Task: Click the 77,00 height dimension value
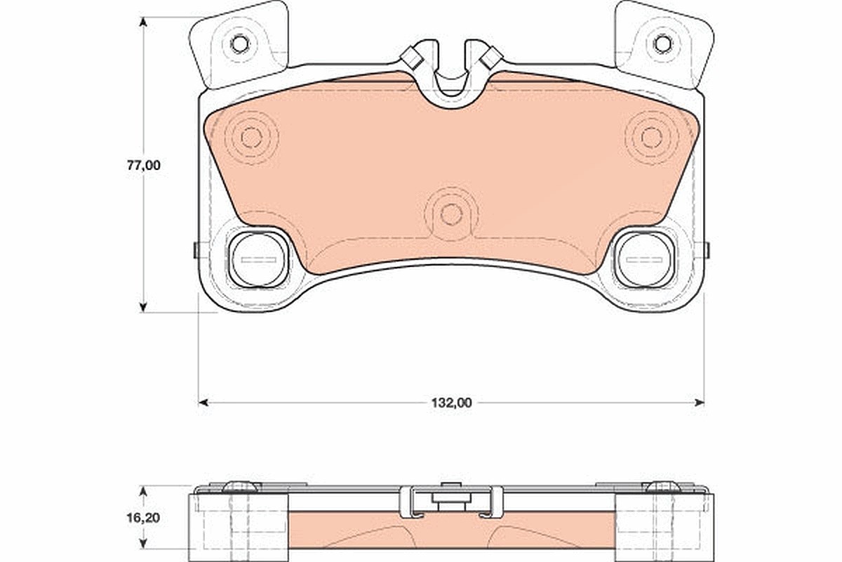click(x=143, y=166)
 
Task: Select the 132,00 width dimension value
click(x=451, y=403)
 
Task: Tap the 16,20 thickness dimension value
click(x=143, y=518)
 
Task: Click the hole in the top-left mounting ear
click(x=239, y=44)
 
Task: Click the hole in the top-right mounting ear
click(x=662, y=44)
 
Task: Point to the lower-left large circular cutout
click(x=259, y=259)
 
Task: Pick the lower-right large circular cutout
click(x=643, y=259)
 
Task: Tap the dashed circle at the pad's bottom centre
click(x=451, y=214)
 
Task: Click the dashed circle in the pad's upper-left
click(x=250, y=138)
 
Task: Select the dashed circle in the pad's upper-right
click(x=651, y=138)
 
